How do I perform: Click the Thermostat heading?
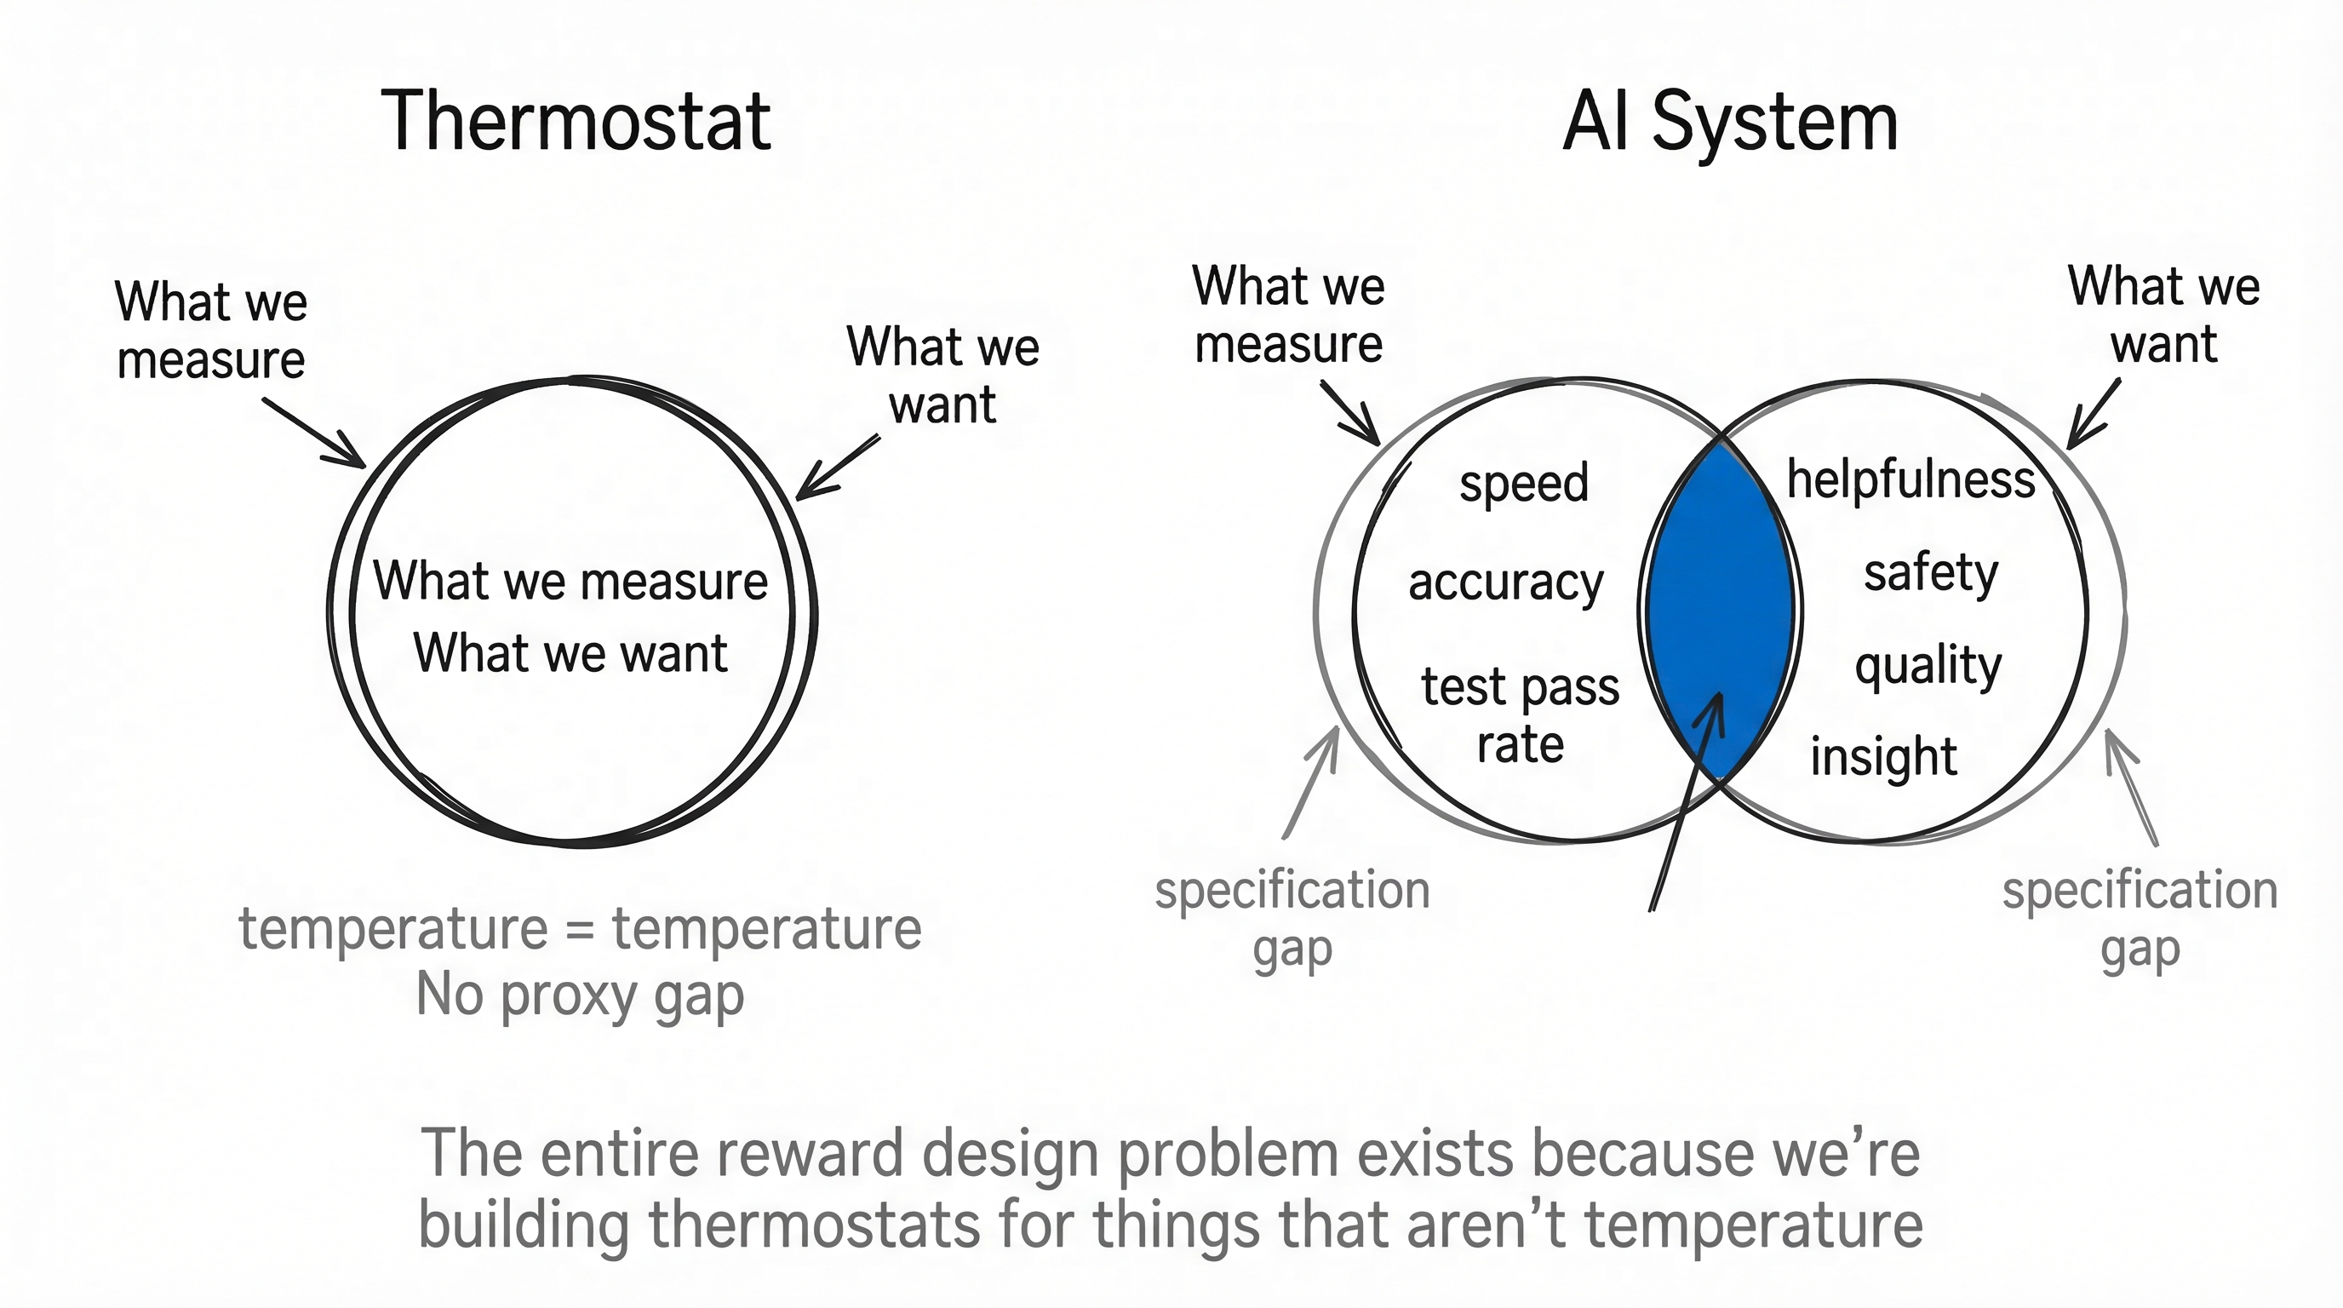click(x=576, y=122)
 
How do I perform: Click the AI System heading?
click(x=1730, y=122)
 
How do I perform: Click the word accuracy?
click(x=1505, y=582)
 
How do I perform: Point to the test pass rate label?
click(x=1520, y=714)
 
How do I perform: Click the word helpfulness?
click(x=1910, y=479)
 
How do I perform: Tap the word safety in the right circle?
click(x=1930, y=573)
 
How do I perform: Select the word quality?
click(x=1928, y=666)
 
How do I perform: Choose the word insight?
click(x=1882, y=757)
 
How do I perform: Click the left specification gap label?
click(x=1292, y=919)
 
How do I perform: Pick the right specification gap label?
click(x=2140, y=919)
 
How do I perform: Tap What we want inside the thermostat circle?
click(x=570, y=652)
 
